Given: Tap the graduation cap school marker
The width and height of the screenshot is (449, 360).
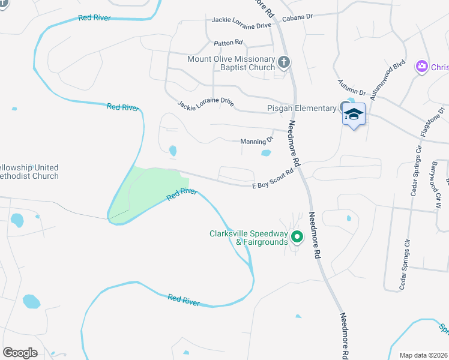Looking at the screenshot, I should pos(354,114).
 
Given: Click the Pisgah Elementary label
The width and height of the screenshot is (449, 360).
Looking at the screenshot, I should pos(301,108).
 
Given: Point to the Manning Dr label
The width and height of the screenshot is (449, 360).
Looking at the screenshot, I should pos(257,141).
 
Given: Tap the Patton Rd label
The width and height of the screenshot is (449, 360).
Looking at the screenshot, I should pos(228,43).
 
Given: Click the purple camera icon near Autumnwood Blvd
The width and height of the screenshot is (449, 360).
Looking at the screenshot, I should pos(422,65).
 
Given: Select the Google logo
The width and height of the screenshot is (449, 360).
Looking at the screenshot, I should pos(20,352).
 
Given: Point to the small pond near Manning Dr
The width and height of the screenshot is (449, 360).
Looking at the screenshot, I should pos(266,153).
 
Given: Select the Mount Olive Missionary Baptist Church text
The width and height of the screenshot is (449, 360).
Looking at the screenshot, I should pos(231,63).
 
